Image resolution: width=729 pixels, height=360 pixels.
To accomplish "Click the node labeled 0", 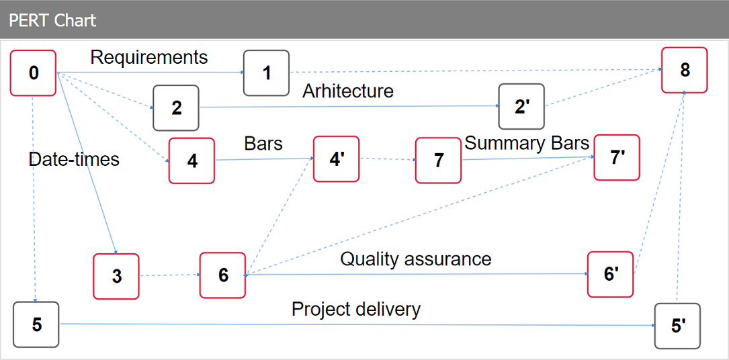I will click(33, 73).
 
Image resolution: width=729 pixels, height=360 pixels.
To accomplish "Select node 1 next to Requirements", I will click(266, 73).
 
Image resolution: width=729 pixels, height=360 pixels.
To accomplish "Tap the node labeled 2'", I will click(521, 107).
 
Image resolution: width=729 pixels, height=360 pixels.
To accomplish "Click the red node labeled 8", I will click(685, 70).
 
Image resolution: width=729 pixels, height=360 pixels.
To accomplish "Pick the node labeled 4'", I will click(337, 159).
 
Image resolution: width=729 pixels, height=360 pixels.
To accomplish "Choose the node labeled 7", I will click(438, 161).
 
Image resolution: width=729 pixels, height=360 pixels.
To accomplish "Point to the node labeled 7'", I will click(617, 158).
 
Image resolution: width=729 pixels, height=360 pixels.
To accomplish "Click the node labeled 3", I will click(116, 276).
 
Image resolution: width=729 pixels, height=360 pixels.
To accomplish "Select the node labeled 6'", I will click(610, 274).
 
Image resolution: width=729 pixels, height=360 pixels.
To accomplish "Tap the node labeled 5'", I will click(677, 326).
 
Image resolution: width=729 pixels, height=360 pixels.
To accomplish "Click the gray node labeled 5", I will click(36, 324).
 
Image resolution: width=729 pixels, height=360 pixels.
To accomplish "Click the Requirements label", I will click(149, 58).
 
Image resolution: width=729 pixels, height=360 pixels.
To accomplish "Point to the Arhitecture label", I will click(347, 91).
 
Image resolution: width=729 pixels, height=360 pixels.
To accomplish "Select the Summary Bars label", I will click(527, 143).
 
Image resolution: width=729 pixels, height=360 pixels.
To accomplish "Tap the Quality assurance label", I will click(415, 259).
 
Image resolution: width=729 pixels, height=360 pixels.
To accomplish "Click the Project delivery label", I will click(355, 309).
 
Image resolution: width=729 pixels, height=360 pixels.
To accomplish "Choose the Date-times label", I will click(74, 159).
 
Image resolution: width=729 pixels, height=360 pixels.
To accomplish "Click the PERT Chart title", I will click(52, 20).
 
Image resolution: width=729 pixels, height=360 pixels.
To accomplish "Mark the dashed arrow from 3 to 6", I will click(169, 275).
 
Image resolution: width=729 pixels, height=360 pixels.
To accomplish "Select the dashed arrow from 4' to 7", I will click(387, 160).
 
